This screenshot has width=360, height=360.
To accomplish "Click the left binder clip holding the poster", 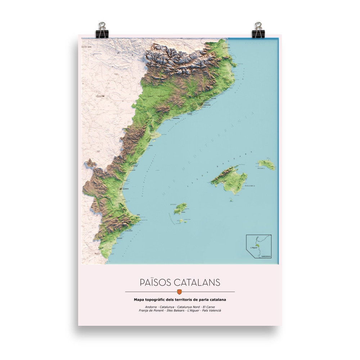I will tap(102, 30).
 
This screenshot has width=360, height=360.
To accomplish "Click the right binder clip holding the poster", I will tap(258, 30).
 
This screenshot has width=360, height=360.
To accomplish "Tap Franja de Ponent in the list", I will tap(151, 310).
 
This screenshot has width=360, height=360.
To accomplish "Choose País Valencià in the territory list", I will tap(212, 310).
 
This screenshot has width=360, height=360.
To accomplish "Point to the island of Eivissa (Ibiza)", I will tap(180, 208).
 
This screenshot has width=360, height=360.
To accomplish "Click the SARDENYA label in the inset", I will tap(266, 256).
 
